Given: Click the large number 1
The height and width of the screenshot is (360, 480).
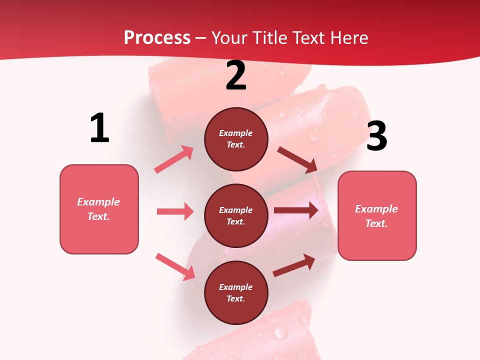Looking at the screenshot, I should pyautogui.click(x=99, y=128).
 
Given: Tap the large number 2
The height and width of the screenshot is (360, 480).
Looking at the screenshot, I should pyautogui.click(x=236, y=76).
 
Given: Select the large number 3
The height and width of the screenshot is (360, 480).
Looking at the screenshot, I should pyautogui.click(x=376, y=136).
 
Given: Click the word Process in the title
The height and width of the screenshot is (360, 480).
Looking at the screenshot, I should pyautogui.click(x=157, y=37).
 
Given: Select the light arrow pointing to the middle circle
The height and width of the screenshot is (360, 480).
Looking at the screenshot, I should pyautogui.click(x=175, y=211).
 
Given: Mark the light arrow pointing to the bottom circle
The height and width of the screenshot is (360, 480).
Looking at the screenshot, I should pyautogui.click(x=175, y=266).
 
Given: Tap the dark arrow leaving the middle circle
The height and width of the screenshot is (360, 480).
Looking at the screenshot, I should pyautogui.click(x=296, y=210).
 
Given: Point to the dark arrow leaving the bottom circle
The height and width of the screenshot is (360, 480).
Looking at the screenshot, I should pyautogui.click(x=294, y=265).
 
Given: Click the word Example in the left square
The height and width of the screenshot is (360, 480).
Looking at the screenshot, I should pyautogui.click(x=98, y=202).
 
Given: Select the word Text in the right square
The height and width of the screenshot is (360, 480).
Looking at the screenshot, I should pyautogui.click(x=375, y=223).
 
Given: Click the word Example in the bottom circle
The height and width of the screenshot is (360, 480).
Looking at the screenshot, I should pyautogui.click(x=236, y=287).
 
